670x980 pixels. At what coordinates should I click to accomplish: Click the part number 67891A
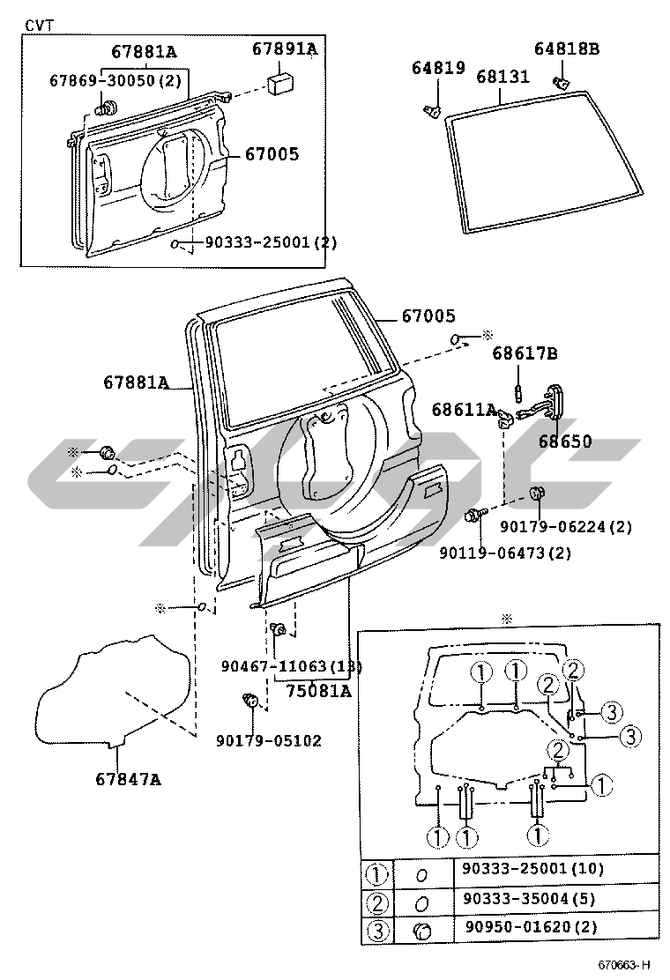285,48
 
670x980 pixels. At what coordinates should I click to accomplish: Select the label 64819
438,68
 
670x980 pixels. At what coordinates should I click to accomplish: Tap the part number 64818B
566,48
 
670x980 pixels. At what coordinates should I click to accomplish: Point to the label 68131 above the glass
502,77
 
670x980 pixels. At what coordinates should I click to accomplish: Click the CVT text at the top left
39,25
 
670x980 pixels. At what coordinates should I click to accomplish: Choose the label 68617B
525,353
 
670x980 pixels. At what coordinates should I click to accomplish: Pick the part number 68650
565,441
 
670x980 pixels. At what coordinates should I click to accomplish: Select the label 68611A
464,410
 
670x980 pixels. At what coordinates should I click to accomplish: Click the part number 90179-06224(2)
566,527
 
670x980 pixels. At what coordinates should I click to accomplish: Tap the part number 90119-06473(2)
505,553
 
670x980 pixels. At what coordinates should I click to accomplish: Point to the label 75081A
319,691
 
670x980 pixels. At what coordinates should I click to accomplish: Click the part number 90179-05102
269,740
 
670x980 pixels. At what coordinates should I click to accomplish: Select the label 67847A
128,779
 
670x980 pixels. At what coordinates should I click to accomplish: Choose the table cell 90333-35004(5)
529,898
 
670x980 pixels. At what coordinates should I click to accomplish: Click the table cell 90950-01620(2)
531,927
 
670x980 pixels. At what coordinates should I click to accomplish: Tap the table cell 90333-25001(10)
532,868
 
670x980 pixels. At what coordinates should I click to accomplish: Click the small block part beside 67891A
281,84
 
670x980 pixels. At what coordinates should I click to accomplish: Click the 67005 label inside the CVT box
272,153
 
